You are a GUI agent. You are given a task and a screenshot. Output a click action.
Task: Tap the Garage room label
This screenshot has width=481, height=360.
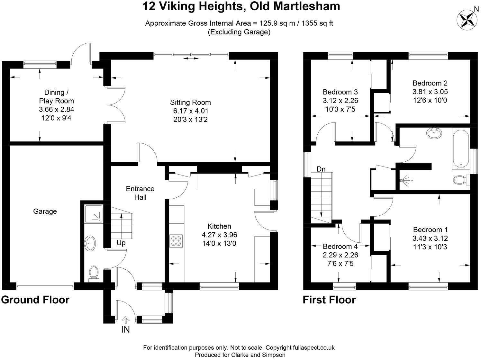45,211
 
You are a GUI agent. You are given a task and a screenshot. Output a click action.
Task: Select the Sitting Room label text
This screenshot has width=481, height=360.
190,102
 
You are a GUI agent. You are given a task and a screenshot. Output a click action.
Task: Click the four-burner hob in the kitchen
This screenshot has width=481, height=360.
176,241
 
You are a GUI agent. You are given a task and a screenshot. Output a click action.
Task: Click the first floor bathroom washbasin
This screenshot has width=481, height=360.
434,133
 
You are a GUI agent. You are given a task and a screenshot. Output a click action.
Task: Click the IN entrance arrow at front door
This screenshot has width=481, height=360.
125,320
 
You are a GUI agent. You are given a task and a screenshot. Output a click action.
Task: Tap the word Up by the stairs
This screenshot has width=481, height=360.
121,243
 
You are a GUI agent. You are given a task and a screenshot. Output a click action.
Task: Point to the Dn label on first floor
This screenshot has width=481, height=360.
321,169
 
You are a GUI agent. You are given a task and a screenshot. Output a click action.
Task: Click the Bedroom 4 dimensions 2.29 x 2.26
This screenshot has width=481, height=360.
340,255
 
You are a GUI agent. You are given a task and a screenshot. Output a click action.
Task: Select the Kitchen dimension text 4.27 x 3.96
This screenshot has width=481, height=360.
219,235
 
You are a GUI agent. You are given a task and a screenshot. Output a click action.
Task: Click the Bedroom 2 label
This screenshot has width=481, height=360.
430,83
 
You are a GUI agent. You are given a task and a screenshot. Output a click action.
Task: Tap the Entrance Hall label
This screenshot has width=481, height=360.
140,193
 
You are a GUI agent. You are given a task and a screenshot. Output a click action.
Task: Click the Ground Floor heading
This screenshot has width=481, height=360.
35,300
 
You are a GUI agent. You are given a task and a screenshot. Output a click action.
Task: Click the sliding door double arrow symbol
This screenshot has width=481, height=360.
191,58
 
